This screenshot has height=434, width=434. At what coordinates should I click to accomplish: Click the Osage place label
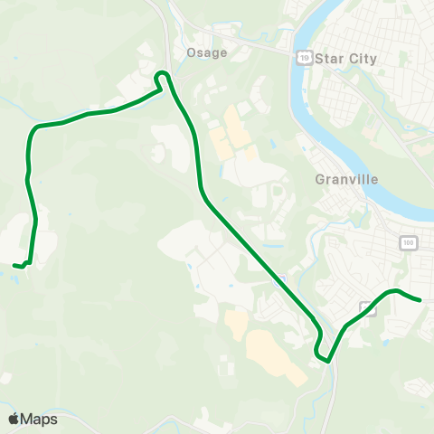tap(206, 52)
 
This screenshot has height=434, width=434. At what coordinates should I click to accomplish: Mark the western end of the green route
tap(14, 265)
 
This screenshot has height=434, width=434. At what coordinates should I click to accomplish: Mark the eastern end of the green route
tap(420, 300)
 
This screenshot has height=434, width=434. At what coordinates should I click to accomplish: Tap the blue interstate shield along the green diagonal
tap(282, 278)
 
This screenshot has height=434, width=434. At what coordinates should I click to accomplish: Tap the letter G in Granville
tap(320, 179)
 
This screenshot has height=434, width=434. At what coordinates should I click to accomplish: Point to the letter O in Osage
tap(191, 52)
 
